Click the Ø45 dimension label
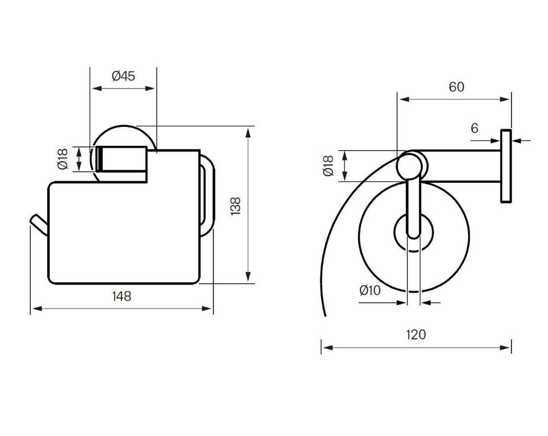tap(123, 75)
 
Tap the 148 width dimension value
tap(122, 297)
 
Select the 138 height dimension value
tap(236, 206)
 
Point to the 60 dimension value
tap(457, 87)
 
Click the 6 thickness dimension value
tap(474, 129)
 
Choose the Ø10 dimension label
tap(370, 290)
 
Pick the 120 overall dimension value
tap(416, 335)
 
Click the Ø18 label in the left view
tap(63, 159)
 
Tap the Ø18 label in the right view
tap(329, 166)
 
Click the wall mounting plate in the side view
tap(506, 166)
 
